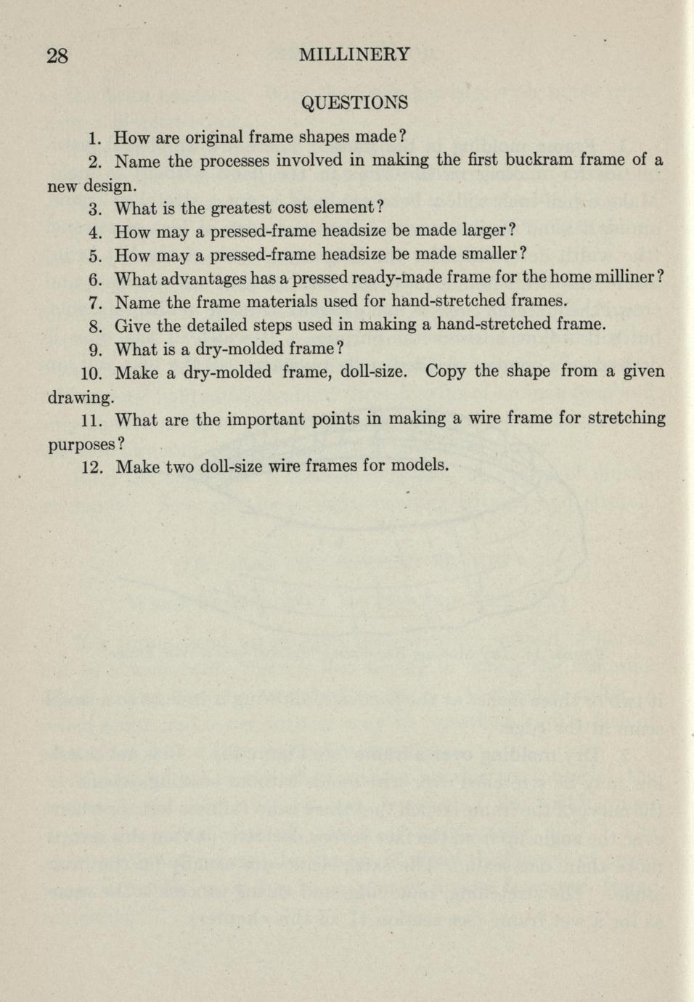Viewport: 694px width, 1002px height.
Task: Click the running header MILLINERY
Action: tap(354, 54)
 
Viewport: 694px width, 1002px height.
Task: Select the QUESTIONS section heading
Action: tap(354, 102)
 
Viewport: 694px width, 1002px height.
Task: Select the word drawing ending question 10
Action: tap(79, 398)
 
